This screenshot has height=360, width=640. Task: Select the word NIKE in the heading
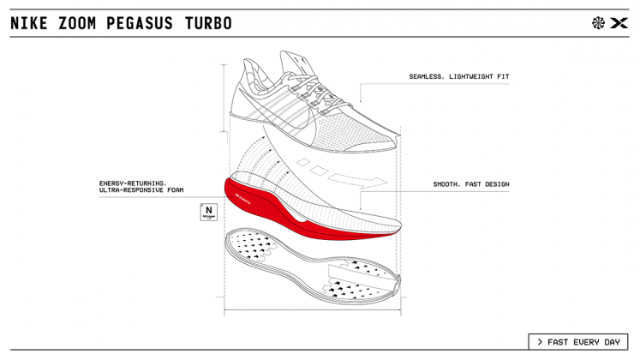pos(30,23)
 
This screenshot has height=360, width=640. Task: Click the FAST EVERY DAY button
pos(577,342)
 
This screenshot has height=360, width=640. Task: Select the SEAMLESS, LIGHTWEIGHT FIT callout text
pos(458,77)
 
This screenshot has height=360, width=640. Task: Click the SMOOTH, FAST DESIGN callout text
pos(470,184)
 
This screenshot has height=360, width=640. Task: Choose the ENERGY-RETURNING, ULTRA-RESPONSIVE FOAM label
pos(141,186)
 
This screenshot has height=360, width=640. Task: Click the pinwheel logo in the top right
pos(598,23)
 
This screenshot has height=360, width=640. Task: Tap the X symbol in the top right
pos(619,23)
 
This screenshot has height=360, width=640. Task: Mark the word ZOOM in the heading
pos(77,23)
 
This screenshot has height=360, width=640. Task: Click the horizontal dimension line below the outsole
pos(313,309)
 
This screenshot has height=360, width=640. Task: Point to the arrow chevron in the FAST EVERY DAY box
pos(540,342)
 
